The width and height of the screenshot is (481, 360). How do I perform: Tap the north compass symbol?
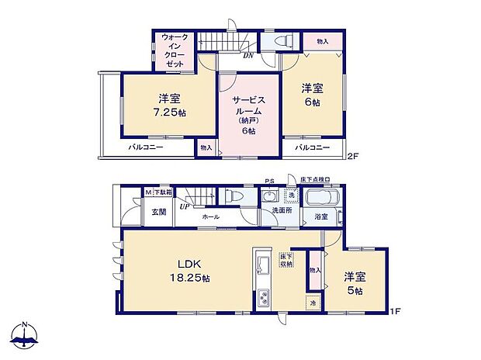click(25, 335)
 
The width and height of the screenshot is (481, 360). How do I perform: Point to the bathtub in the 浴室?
click(322, 198)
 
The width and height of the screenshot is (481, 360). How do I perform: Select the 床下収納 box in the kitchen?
click(286, 261)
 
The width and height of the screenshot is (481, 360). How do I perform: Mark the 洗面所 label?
click(280, 210)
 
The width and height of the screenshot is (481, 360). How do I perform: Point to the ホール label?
click(210, 218)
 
